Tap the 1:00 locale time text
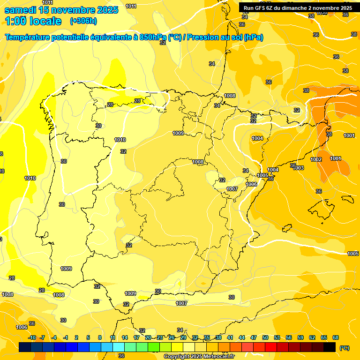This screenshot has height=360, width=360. (33, 21)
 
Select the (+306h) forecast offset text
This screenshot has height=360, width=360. (83, 21)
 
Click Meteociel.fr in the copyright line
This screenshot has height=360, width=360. (216, 357)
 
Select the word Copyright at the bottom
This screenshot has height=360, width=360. (178, 357)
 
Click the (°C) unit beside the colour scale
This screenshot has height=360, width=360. (344, 348)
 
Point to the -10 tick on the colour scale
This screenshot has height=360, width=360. (32, 337)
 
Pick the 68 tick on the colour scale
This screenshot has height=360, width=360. (336, 337)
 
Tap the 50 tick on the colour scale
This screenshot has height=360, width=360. (265, 337)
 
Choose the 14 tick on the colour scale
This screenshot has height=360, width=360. (125, 337)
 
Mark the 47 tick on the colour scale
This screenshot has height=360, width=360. (254, 337)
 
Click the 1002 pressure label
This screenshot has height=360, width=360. (316, 160)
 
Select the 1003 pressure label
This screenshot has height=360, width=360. (299, 168)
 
